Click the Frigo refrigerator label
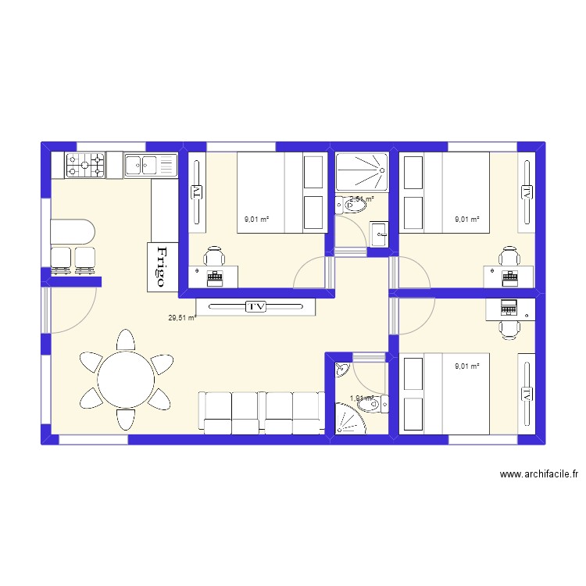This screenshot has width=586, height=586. [x=162, y=266]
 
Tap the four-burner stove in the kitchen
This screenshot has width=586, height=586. [x=86, y=165]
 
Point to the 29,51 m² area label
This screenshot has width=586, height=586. [x=181, y=318]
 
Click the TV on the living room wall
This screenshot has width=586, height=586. [x=255, y=306]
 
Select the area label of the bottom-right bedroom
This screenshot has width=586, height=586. [x=467, y=365]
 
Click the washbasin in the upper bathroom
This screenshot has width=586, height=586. [x=379, y=233]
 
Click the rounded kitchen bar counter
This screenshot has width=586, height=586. [x=72, y=232]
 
